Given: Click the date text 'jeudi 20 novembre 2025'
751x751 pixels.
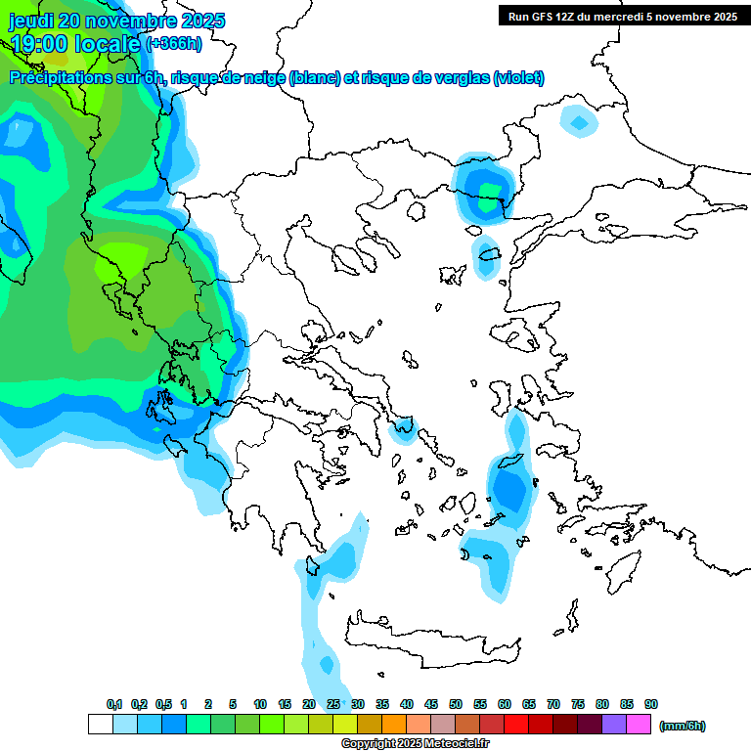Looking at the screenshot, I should click(x=117, y=21).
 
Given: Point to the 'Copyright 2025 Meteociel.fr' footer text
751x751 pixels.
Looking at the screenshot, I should click(x=416, y=744).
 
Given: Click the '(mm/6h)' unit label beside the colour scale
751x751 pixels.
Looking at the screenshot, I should click(x=683, y=726).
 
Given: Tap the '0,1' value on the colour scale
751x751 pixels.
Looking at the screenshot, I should click(x=114, y=705).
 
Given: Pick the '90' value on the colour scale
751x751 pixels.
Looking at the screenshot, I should click(x=651, y=705).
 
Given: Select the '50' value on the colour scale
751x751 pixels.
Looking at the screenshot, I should click(x=456, y=705).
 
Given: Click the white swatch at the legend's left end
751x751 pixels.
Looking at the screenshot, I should click(x=100, y=725).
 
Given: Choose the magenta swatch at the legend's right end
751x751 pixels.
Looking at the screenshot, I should click(x=640, y=725).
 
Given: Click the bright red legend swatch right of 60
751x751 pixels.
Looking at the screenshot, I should click(x=516, y=725).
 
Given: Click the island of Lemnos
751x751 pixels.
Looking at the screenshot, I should click(x=452, y=274).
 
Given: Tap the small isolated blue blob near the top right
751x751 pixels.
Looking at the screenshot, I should click(x=579, y=122).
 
